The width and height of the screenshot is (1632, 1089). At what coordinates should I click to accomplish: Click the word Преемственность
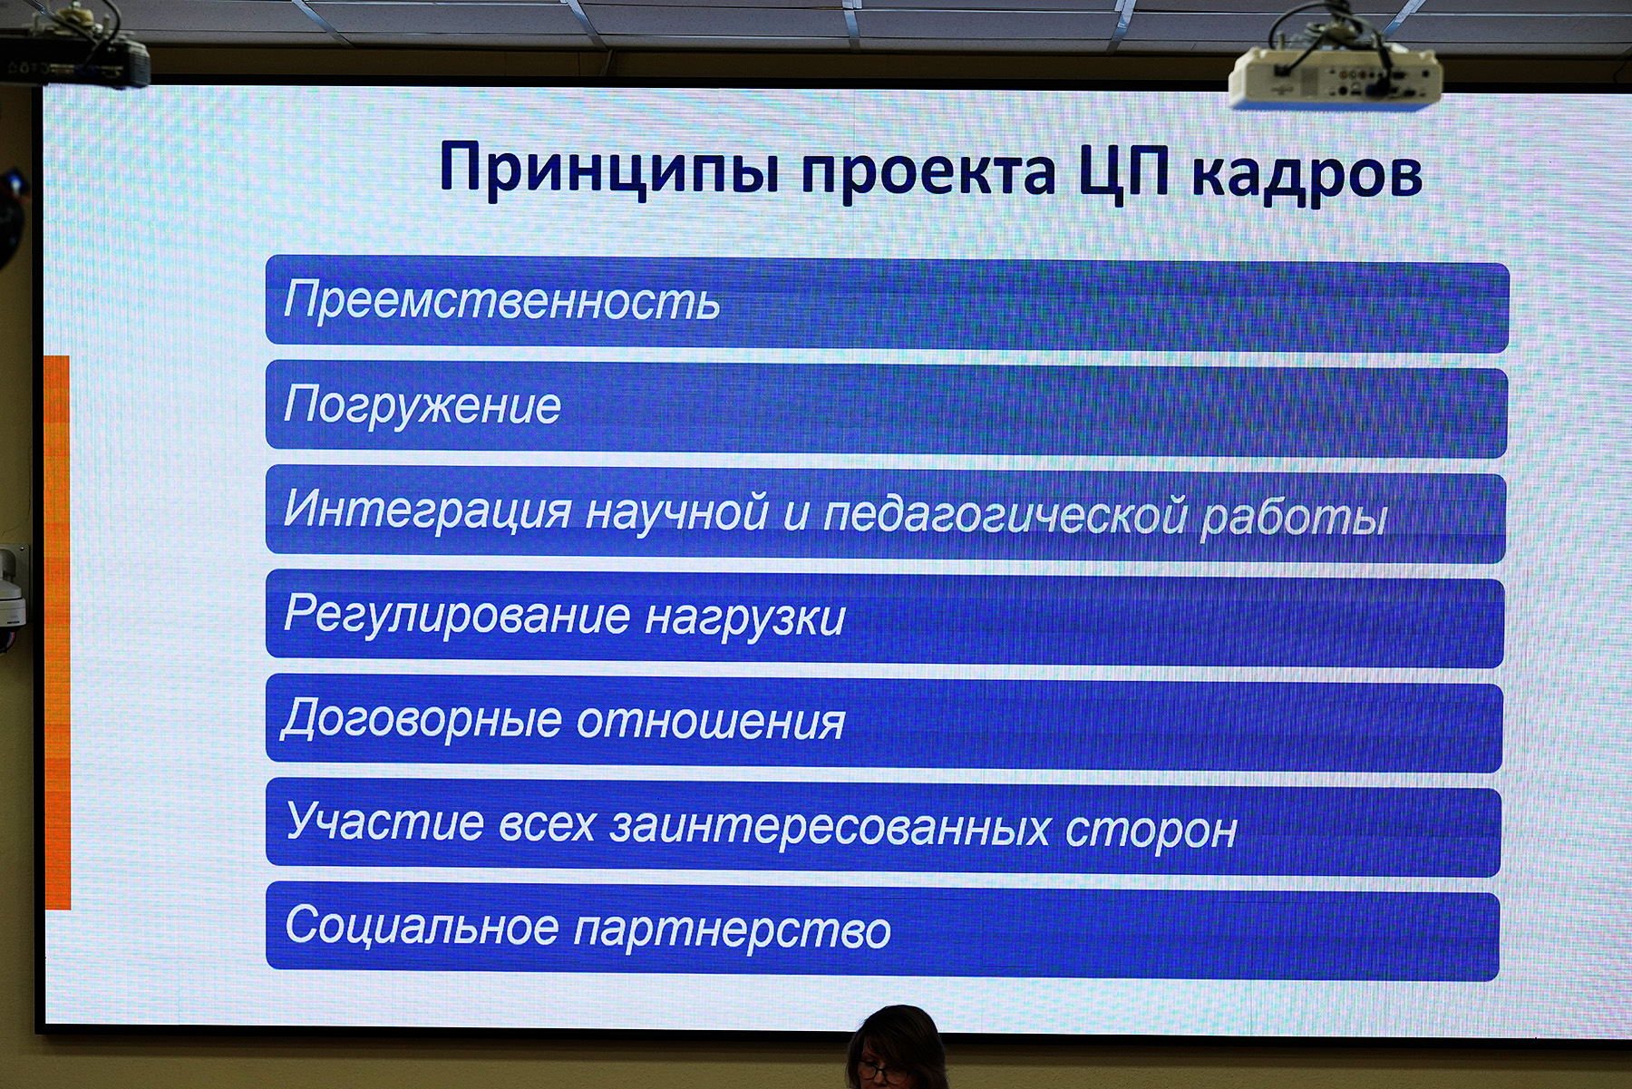tap(502, 300)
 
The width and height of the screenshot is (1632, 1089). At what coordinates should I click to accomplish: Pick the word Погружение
tap(423, 405)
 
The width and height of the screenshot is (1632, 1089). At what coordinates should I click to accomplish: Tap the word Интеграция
tap(427, 510)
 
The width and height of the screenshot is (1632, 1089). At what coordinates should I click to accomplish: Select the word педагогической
tap(1005, 514)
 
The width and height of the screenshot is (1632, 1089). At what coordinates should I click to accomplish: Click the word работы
tap(1294, 518)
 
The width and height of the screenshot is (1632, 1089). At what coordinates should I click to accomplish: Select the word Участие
tap(385, 822)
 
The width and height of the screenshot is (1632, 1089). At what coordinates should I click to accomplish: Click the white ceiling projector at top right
tap(1335, 78)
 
